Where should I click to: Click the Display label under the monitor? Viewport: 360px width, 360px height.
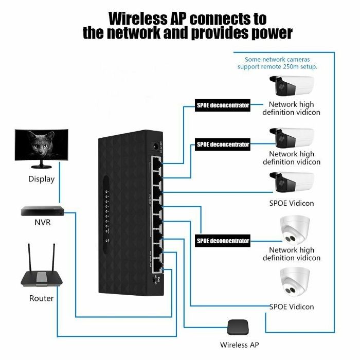tap(42, 179)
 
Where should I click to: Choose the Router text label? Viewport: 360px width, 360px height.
tap(41, 298)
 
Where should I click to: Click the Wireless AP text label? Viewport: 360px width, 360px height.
tap(240, 345)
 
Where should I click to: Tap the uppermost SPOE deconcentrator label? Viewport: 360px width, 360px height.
tap(223, 105)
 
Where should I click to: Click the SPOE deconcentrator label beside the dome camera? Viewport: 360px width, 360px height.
tap(223, 241)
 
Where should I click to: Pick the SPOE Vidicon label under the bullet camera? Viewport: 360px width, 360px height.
tap(292, 203)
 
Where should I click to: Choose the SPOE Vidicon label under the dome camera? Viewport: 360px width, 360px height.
tap(292, 307)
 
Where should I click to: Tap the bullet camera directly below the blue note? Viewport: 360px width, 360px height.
tap(292, 85)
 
